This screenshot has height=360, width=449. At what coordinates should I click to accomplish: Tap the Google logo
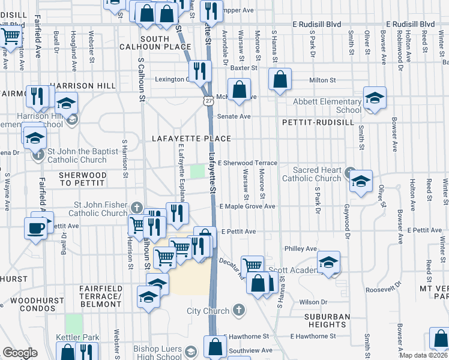click(x=19, y=353)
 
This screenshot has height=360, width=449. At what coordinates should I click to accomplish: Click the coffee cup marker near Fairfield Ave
click(x=35, y=228)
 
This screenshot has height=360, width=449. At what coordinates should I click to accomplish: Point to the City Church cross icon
click(x=238, y=310)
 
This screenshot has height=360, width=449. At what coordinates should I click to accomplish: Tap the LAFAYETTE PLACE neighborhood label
click(x=191, y=139)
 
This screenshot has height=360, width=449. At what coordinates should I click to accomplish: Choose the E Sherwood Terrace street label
click(x=247, y=163)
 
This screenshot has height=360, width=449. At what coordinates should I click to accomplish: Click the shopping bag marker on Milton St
click(x=280, y=79)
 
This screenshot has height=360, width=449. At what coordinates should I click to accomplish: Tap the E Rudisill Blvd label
click(x=316, y=24)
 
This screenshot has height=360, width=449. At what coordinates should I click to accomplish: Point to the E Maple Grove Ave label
click(x=247, y=206)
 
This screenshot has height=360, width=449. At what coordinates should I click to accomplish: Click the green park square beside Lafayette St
click(x=197, y=172)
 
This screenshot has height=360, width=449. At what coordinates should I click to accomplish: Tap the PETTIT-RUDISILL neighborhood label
click(x=312, y=122)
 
